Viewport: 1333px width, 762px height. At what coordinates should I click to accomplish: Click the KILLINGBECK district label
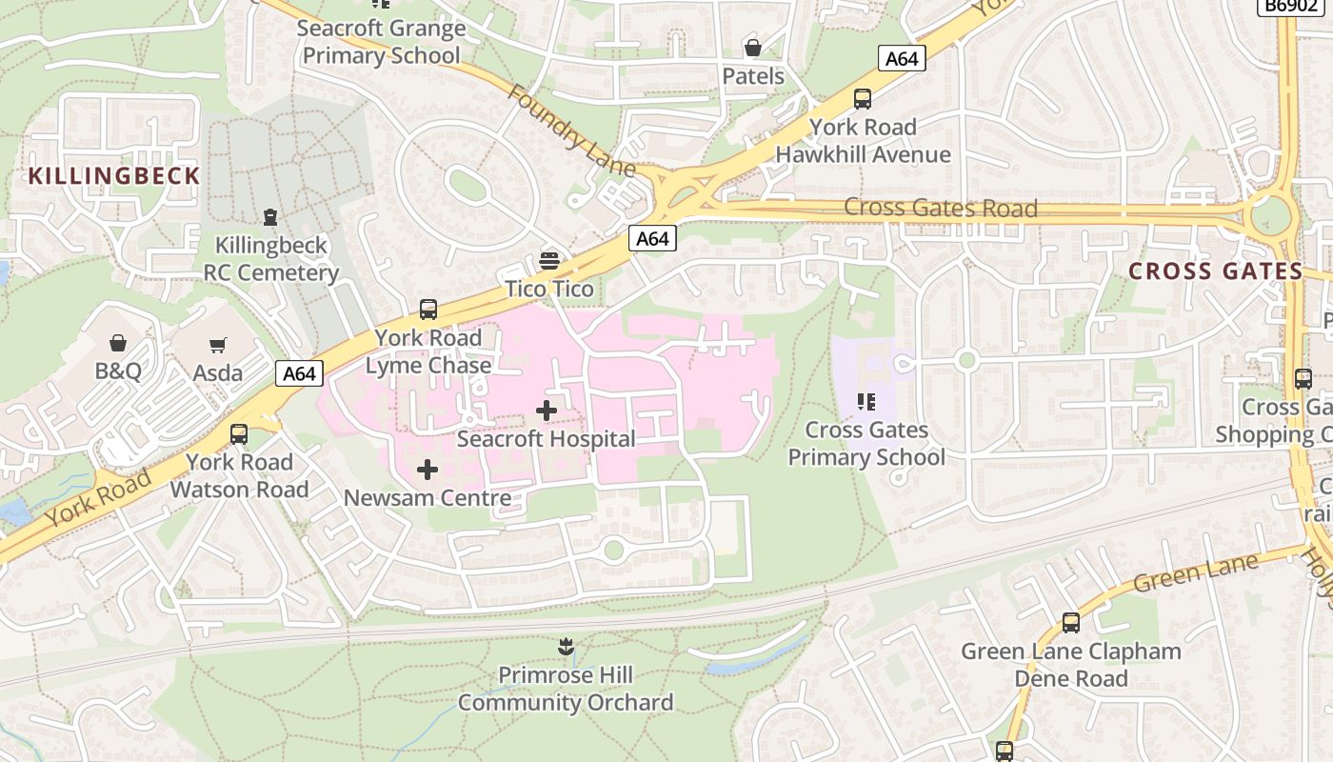click(x=114, y=176)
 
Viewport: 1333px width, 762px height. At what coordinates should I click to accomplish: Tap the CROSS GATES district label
click(x=1215, y=271)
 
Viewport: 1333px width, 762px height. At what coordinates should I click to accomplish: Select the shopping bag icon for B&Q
click(x=118, y=343)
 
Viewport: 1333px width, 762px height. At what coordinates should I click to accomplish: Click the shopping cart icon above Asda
click(x=218, y=345)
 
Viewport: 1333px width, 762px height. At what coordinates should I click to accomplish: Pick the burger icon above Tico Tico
click(x=549, y=260)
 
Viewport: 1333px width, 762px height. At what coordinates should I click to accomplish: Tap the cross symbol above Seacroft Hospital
click(x=547, y=411)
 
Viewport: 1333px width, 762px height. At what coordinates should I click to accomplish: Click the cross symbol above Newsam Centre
click(x=428, y=469)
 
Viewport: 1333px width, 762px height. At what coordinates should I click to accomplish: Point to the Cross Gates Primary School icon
click(x=865, y=402)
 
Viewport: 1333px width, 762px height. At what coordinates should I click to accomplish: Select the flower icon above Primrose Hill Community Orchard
click(x=566, y=648)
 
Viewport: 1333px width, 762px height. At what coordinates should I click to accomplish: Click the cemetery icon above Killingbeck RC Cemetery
click(x=271, y=217)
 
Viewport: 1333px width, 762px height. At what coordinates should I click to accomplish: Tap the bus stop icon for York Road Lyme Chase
click(x=428, y=310)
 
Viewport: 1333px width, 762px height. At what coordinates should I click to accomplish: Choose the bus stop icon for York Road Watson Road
click(x=239, y=434)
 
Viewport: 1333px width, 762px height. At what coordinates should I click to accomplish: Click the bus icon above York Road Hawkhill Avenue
click(x=863, y=99)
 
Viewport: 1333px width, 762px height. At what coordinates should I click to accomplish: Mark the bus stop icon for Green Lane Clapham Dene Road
click(x=1071, y=624)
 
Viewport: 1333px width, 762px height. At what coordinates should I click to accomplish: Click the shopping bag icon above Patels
click(x=753, y=48)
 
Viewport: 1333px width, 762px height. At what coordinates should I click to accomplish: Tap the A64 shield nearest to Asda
click(x=299, y=373)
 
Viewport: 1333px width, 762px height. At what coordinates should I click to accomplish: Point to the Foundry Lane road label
click(x=570, y=131)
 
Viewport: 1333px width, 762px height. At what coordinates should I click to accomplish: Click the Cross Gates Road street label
click(x=941, y=208)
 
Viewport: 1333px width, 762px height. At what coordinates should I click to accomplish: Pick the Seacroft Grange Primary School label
click(x=381, y=42)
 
